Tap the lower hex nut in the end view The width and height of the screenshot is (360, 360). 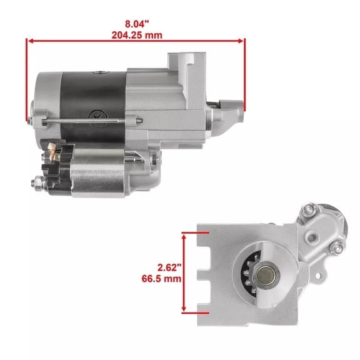[x=336, y=249]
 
